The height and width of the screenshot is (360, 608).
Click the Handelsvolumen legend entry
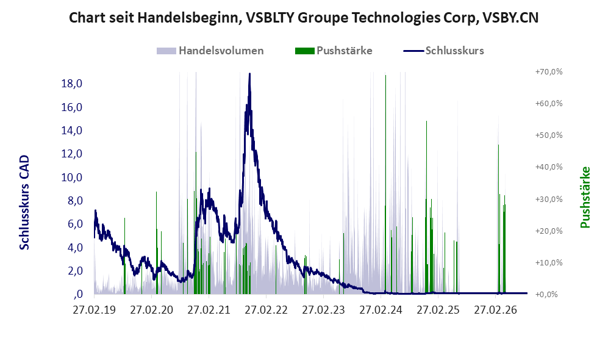click(x=210, y=51)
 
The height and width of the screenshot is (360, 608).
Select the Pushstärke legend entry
click(x=334, y=51)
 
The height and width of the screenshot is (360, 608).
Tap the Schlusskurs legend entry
click(x=443, y=51)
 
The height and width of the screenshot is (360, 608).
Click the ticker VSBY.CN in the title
click(x=510, y=18)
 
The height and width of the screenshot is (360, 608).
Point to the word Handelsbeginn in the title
click(x=188, y=18)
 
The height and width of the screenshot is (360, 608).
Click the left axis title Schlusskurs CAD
click(x=24, y=203)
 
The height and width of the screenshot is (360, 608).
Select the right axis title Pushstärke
click(x=585, y=198)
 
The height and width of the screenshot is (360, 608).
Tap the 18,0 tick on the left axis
click(x=72, y=84)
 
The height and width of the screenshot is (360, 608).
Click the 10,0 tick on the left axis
click(x=72, y=178)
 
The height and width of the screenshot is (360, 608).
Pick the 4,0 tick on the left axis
click(x=75, y=248)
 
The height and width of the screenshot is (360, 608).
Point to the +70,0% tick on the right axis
click(x=549, y=72)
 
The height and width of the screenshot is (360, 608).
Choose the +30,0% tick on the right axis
click(x=549, y=199)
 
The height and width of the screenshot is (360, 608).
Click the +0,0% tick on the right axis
click(x=547, y=295)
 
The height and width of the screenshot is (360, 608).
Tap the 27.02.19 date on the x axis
click(x=95, y=311)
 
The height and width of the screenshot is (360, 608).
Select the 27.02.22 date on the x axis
click(x=266, y=311)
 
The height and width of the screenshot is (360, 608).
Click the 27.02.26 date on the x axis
click(x=496, y=311)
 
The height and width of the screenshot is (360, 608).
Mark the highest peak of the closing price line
click(x=249, y=74)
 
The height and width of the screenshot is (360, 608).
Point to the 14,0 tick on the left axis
click(x=72, y=131)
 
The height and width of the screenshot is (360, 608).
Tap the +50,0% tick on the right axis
click(x=549, y=135)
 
